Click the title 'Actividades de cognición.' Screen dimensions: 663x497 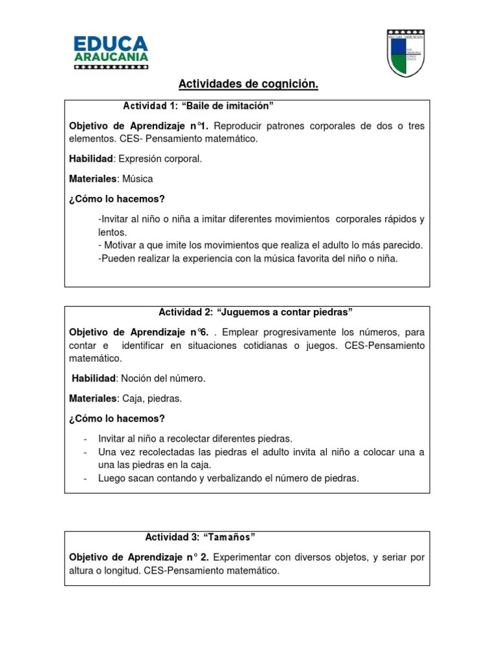[x=248, y=85]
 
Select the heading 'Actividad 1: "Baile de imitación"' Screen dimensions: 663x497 [x=199, y=106]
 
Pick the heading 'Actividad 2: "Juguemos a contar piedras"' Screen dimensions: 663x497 [x=255, y=313]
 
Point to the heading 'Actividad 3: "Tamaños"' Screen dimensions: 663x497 [x=200, y=537]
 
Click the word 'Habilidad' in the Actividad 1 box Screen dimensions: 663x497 [x=91, y=159]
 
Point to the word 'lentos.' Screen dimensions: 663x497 [x=113, y=232]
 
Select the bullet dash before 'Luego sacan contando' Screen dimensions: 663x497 [x=86, y=478]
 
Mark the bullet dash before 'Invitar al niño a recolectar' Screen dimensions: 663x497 [x=86, y=438]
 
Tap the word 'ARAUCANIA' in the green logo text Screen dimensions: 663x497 [x=111, y=58]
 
